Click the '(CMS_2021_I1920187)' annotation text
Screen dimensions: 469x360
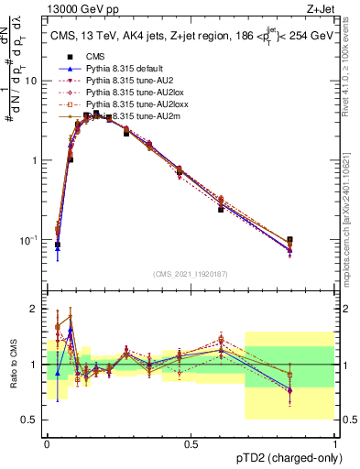(x=191, y=273)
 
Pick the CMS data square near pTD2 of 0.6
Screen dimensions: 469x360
(x=221, y=210)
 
